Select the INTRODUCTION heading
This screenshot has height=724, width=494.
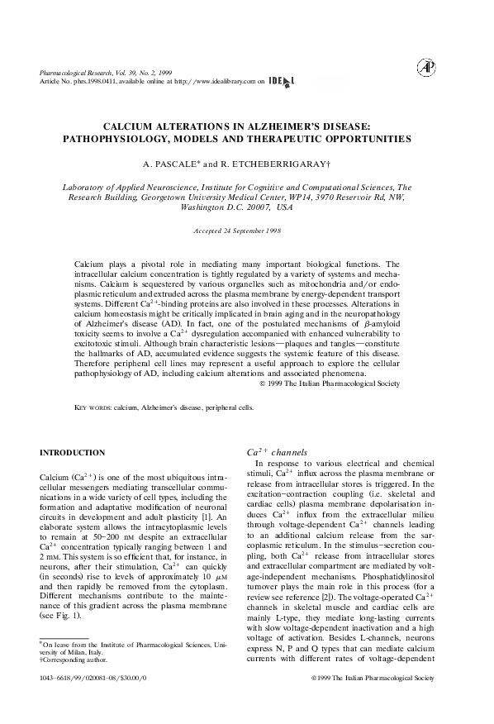click(73, 453)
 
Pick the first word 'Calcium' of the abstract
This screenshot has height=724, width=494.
click(89, 262)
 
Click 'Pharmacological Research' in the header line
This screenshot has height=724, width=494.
click(76, 73)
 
